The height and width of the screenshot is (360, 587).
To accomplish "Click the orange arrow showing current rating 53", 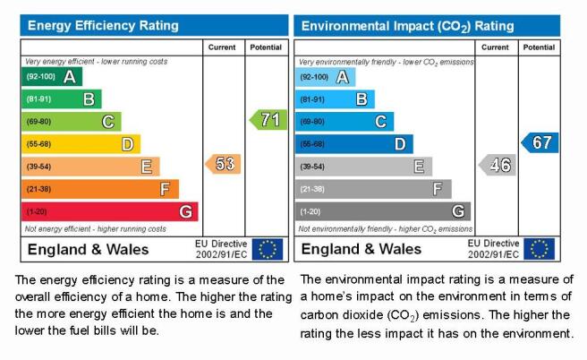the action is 223,164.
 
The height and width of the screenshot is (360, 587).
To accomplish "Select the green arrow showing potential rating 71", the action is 268,120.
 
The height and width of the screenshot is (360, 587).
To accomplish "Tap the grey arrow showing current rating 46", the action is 498,165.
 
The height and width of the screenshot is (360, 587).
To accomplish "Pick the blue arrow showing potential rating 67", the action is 540,142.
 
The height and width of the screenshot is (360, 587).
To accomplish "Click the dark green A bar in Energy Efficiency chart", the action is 52,77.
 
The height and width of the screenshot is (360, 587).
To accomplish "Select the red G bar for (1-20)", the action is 110,211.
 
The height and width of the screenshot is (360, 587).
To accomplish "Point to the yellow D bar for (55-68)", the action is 81,144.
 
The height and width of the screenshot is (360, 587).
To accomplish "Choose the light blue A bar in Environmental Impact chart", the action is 326,77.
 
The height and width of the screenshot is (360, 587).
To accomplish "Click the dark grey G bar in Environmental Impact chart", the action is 383,211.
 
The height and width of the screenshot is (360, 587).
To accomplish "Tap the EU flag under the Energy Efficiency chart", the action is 268,249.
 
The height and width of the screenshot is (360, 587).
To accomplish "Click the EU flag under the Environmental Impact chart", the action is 539,249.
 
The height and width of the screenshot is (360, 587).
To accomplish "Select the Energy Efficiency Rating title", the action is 103,25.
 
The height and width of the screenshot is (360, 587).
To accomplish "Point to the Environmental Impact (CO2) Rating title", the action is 408,26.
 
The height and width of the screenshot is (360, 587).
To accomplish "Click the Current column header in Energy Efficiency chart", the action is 222,47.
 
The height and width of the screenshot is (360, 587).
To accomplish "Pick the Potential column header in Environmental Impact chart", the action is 539,47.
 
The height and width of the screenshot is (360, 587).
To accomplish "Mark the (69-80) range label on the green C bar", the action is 38,122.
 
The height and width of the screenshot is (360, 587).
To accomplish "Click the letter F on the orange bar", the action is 165,189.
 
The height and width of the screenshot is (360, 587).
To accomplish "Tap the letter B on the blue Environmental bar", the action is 362,99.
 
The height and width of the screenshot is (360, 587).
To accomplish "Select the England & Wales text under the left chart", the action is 88,250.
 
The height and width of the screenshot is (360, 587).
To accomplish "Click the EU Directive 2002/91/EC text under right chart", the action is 493,249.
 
